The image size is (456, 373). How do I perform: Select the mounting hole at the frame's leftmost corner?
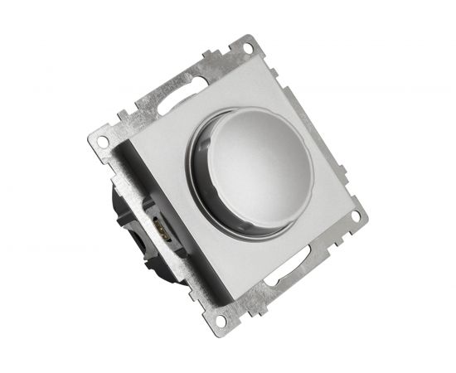tap(102, 141)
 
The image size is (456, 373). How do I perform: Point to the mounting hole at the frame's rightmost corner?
tap(356, 216)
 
